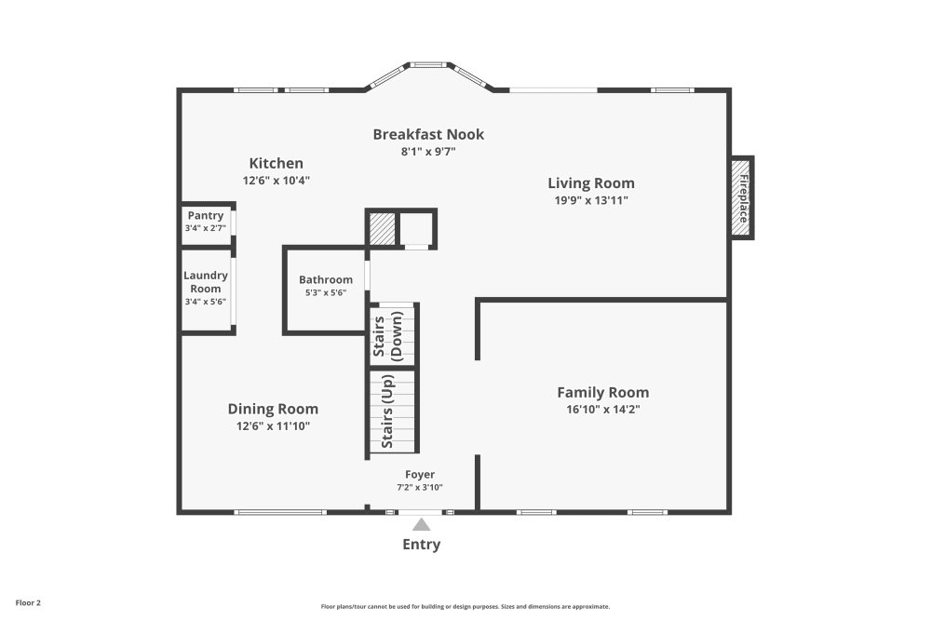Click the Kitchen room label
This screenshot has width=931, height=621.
point(276,163)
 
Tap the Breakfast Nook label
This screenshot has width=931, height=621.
point(428,134)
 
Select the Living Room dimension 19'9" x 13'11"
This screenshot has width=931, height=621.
point(590,200)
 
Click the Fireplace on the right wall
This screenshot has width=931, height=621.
point(743,196)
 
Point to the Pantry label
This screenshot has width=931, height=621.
point(205,216)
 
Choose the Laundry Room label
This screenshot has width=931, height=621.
point(205,282)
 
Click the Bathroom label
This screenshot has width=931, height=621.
point(326,279)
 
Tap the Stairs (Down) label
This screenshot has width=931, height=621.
point(388,335)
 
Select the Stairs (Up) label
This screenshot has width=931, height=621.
point(388,411)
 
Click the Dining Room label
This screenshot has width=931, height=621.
point(273,409)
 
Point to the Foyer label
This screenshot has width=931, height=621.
point(419,475)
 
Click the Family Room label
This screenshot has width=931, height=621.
point(602,392)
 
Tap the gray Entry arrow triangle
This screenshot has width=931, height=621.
point(422,525)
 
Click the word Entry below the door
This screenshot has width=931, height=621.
point(421,545)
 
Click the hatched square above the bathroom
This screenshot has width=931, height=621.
point(382,229)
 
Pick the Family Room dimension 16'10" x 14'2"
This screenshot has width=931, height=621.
point(602,409)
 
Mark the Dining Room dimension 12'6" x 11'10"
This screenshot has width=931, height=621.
point(273,425)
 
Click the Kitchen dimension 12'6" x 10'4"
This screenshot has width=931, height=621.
point(276,181)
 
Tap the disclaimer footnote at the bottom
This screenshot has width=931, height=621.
point(465,605)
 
